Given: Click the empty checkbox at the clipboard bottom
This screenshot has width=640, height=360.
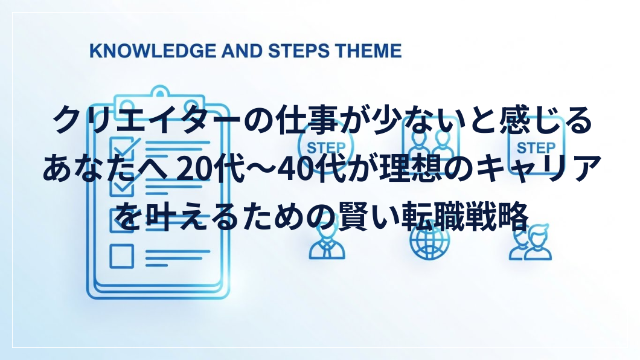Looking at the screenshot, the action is click(121, 256).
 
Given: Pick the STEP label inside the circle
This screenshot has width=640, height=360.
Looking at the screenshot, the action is click(325, 148).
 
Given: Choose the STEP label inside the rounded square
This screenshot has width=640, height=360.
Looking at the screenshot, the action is click(536, 148).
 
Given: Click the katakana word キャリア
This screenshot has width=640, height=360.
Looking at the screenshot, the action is click(539, 168).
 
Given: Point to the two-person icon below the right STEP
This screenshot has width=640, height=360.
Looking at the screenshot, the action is click(530, 243).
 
